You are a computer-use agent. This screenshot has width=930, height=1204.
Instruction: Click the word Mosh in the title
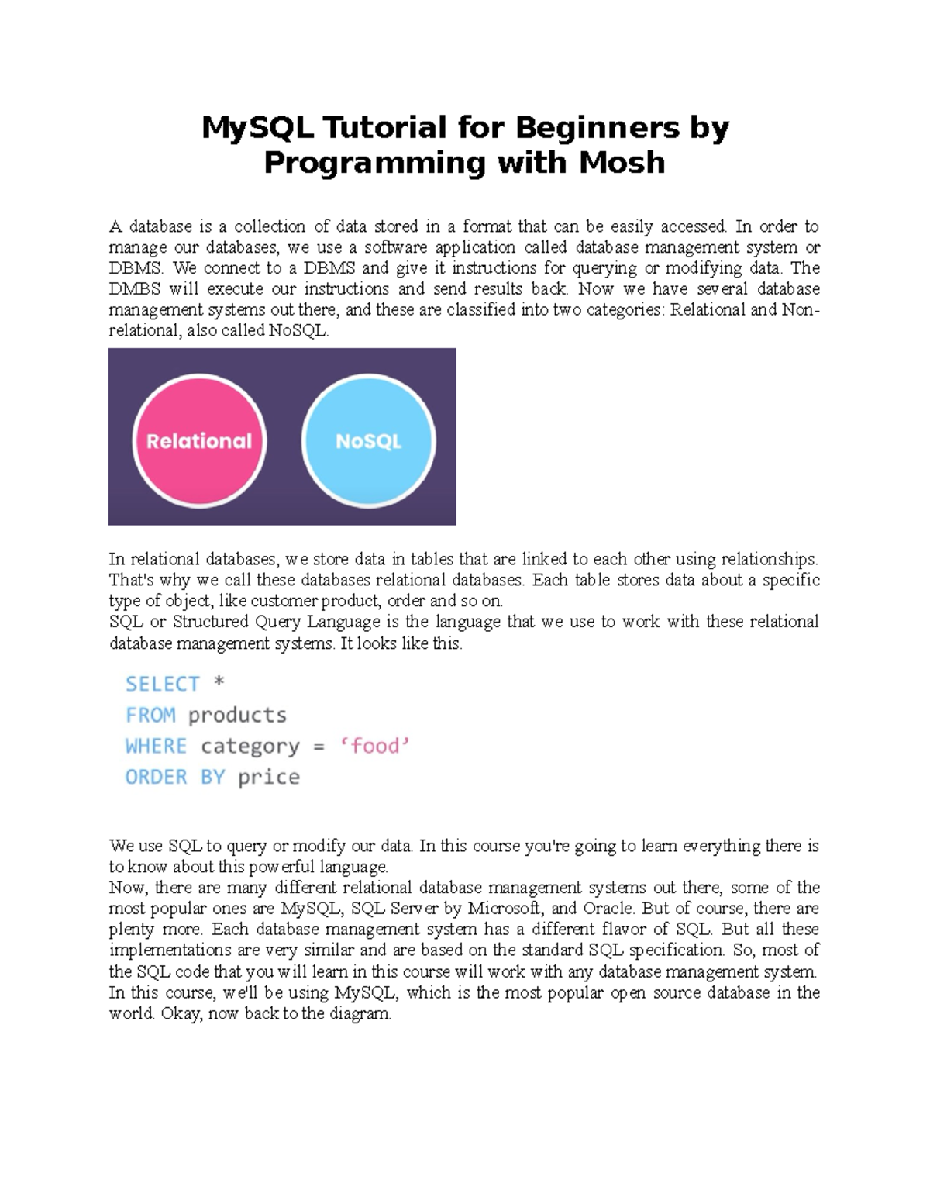[x=622, y=162]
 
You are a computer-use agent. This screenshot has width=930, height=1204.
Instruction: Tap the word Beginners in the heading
[x=598, y=127]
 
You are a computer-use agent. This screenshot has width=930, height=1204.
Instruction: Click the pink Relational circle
[x=199, y=441]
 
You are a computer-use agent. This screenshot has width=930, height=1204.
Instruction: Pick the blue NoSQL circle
[x=368, y=441]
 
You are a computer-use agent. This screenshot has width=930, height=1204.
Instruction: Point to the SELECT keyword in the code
[x=162, y=684]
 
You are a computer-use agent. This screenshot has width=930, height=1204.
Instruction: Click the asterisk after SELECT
[x=219, y=681]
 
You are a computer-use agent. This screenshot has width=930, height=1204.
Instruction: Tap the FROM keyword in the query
[x=150, y=715]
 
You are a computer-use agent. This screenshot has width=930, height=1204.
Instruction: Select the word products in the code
[x=238, y=716]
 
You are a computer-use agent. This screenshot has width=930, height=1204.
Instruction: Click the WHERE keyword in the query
[x=157, y=746]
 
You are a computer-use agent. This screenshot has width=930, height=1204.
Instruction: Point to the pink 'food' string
[x=374, y=746]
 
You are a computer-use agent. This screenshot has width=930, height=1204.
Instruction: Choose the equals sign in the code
[x=319, y=747]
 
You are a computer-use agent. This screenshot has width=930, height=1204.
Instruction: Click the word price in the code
[x=269, y=778]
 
